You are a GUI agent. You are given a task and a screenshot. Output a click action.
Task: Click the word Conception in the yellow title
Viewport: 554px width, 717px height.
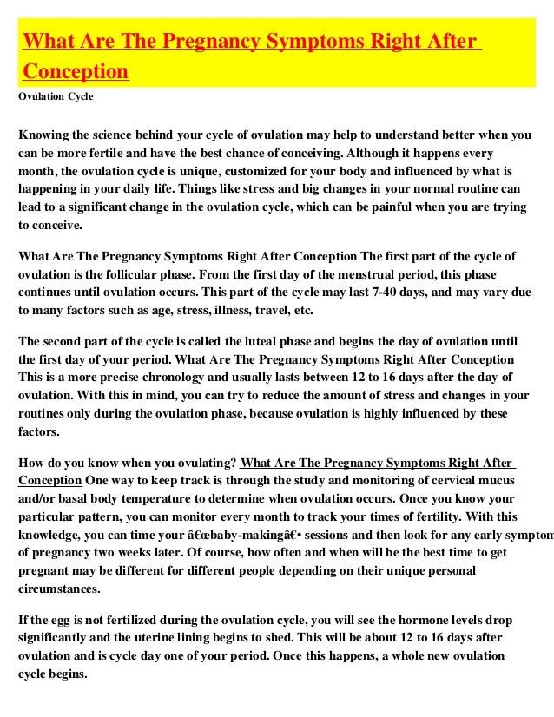click(x=76, y=70)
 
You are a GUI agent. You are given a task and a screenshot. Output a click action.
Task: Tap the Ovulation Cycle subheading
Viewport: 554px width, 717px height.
click(x=56, y=96)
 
